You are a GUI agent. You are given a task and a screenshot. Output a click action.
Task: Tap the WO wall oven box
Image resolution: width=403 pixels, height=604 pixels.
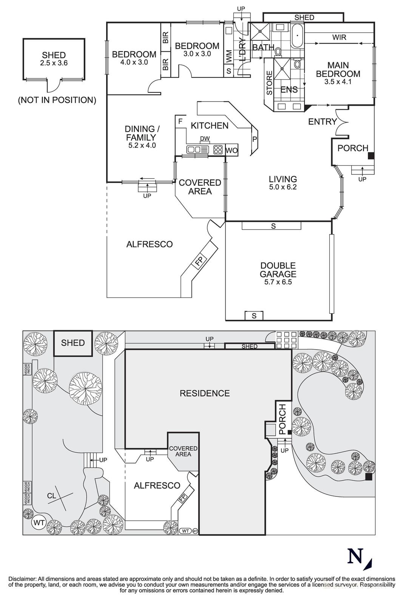click(232, 151)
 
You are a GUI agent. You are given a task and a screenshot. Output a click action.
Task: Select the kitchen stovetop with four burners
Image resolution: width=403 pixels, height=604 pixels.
click(218, 150)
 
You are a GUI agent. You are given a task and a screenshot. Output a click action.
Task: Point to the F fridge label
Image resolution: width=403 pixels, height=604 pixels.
click(180, 122)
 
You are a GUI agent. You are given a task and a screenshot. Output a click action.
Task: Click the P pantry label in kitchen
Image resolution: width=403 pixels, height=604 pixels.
click(255, 139)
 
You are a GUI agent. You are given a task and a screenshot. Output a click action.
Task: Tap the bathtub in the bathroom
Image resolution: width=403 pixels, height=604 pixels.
click(297, 35)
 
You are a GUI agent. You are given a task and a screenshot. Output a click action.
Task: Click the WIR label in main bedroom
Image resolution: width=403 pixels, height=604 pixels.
click(339, 37)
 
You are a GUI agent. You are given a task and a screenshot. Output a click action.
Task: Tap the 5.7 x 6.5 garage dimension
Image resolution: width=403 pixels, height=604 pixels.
click(278, 282)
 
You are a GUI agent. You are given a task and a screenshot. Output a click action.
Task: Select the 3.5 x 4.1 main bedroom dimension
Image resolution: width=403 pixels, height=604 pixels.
click(338, 82)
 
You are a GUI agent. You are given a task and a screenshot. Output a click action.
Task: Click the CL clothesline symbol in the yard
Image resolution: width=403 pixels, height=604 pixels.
click(52, 495)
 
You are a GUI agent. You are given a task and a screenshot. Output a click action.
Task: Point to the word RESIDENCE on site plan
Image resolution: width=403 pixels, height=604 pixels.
click(204, 393)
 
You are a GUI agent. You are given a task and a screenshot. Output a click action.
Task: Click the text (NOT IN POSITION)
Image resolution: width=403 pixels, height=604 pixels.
click(57, 100)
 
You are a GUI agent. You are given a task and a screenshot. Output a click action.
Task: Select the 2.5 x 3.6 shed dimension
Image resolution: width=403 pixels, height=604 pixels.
click(54, 63)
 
